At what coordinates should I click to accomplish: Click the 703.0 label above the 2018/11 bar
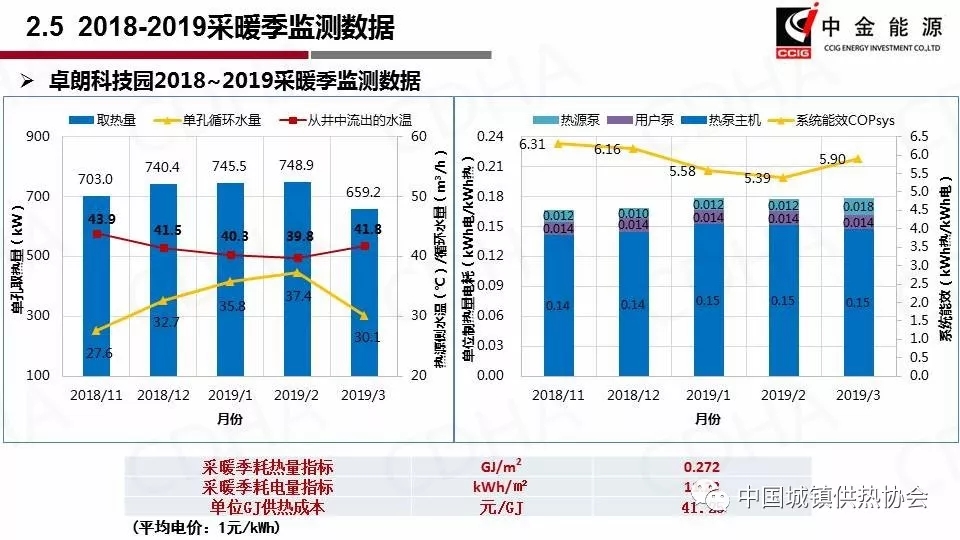(x=96, y=179)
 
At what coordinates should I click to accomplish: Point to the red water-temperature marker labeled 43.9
(x=97, y=234)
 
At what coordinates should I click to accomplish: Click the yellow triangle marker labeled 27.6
(x=97, y=330)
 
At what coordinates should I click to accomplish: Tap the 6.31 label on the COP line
(x=532, y=144)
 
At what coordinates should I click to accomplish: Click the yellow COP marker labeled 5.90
(x=857, y=159)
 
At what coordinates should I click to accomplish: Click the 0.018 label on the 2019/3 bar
(x=857, y=207)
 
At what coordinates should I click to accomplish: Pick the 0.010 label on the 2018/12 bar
(x=632, y=213)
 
